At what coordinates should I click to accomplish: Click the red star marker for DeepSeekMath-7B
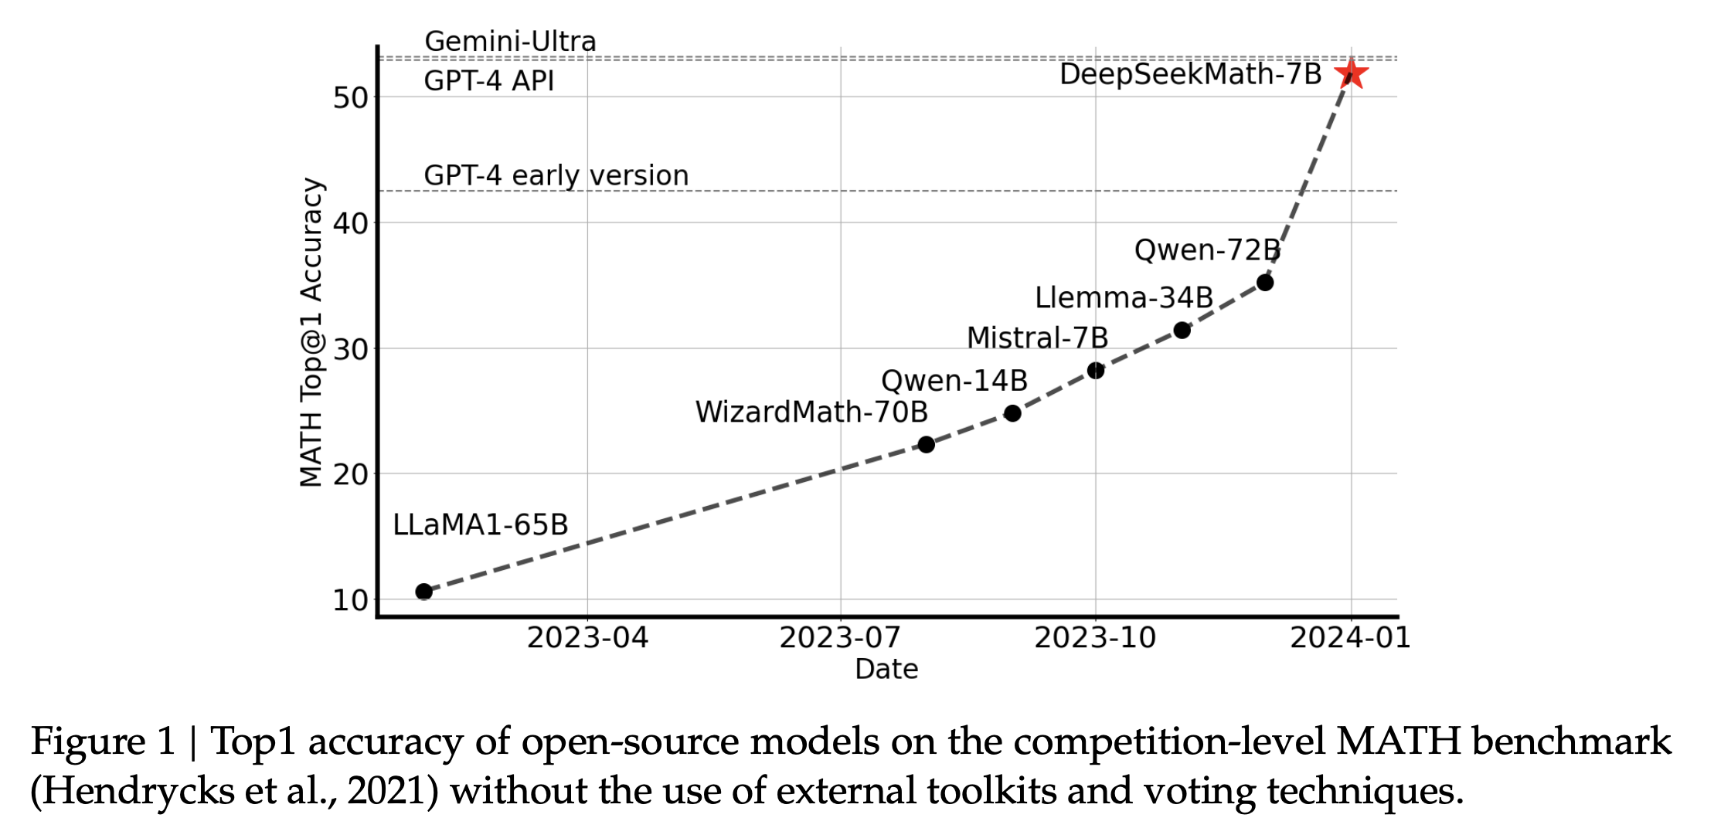click(x=1352, y=75)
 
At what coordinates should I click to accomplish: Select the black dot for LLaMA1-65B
click(x=423, y=592)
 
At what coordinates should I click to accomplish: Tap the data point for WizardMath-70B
click(x=926, y=444)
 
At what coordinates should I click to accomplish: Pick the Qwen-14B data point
click(x=1012, y=413)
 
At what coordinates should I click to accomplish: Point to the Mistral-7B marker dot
click(x=1096, y=371)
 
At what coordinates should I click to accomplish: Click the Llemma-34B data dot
click(x=1182, y=331)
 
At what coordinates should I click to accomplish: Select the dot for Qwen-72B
click(x=1265, y=283)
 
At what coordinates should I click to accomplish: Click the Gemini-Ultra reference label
click(x=510, y=41)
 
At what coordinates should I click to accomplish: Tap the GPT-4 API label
click(x=488, y=80)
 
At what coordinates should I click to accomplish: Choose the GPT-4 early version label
click(x=556, y=175)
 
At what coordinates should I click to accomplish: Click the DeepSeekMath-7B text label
click(x=1190, y=74)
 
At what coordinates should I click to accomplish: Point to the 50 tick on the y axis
click(x=350, y=98)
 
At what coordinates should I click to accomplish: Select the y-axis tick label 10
click(x=350, y=600)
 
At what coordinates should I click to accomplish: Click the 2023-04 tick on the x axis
click(x=587, y=638)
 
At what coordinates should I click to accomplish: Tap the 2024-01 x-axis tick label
click(x=1350, y=638)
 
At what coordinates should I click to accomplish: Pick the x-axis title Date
click(x=886, y=669)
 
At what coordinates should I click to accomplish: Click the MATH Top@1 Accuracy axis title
click(x=311, y=332)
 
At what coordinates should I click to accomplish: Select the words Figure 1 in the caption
click(x=104, y=741)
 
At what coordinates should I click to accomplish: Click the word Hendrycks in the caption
click(x=132, y=791)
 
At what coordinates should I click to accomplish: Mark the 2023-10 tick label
click(x=1095, y=638)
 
